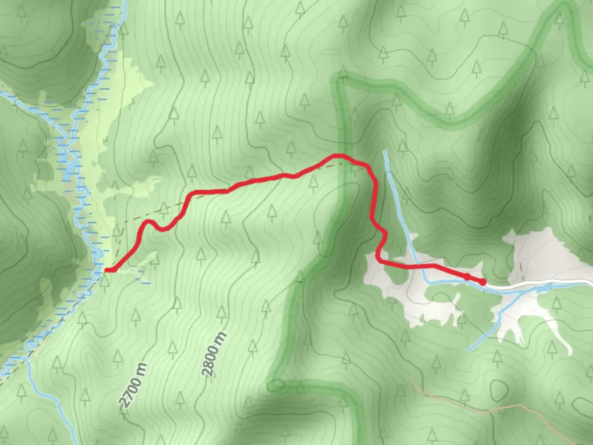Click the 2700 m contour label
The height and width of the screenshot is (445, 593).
(133, 385)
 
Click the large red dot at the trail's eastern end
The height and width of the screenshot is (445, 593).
(482, 282)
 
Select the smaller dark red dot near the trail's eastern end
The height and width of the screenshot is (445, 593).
(468, 276)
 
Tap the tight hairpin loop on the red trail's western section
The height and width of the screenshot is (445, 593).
(149, 222)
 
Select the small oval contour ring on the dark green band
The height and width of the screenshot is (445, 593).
(276, 386)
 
